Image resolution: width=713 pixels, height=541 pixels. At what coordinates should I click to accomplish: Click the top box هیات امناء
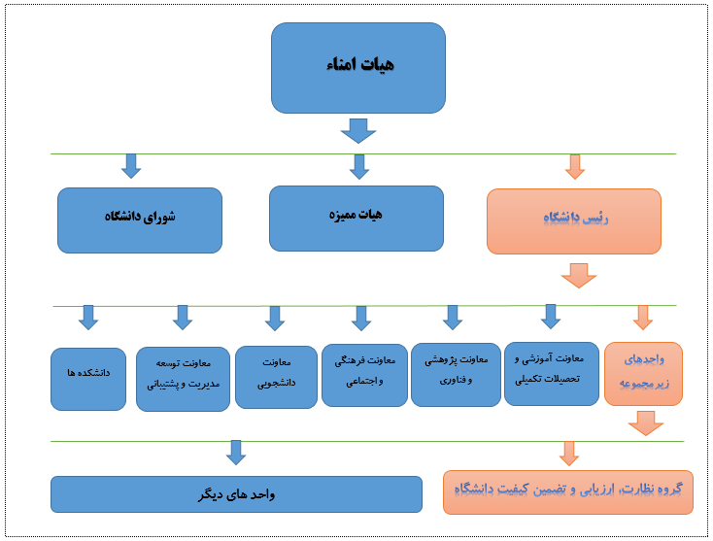pos(358,68)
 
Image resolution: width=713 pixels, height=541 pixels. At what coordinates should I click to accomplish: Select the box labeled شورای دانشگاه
pos(140,220)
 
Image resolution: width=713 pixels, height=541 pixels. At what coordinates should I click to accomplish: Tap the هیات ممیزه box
pos(356,219)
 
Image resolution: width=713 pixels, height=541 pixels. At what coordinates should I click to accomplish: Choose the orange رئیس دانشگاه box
pos(574,221)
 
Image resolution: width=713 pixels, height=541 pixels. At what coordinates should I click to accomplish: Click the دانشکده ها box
pos(88,379)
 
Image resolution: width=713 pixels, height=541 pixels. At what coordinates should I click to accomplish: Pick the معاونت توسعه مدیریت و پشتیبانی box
pos(183,379)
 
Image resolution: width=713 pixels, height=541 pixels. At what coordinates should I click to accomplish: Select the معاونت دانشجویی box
pos(276,377)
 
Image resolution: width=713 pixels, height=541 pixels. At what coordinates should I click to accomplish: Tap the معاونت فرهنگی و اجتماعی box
pos(364,375)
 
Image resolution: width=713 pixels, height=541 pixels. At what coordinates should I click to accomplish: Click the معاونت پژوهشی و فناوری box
pos(456,375)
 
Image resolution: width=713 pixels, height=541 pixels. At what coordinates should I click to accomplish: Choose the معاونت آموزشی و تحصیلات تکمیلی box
pos(552,374)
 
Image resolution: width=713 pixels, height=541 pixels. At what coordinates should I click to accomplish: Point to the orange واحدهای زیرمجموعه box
pos(643,374)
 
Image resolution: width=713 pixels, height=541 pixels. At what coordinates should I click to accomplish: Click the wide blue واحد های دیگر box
pos(236,494)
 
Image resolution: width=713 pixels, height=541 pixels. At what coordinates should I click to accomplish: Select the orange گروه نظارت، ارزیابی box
pos(568,492)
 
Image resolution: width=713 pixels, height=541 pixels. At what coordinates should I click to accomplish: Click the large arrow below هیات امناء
pos(358,131)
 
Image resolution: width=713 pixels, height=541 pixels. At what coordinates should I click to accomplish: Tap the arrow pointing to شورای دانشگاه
pos(131,166)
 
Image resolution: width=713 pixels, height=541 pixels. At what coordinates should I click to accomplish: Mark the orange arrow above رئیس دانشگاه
pos(575,167)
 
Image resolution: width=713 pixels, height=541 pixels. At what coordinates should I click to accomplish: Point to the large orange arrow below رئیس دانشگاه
pos(579,276)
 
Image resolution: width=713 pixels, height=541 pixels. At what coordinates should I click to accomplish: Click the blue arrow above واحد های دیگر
pos(236,453)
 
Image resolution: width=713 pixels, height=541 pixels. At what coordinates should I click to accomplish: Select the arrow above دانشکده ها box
pos(88,318)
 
